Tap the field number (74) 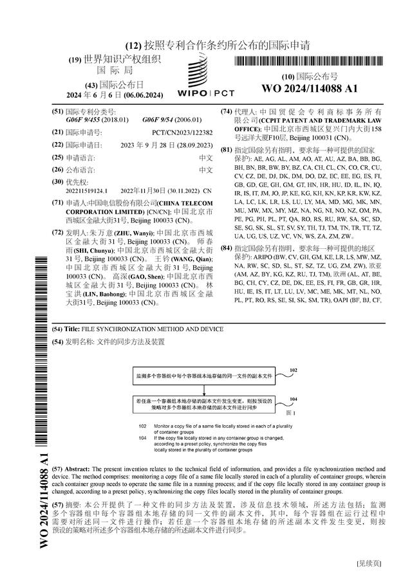pos(226,112)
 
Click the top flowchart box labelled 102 pos(204,374)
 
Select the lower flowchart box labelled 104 pos(204,403)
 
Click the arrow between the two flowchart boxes pos(204,388)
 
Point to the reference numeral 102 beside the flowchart pos(293,371)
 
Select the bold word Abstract pos(79,470)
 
